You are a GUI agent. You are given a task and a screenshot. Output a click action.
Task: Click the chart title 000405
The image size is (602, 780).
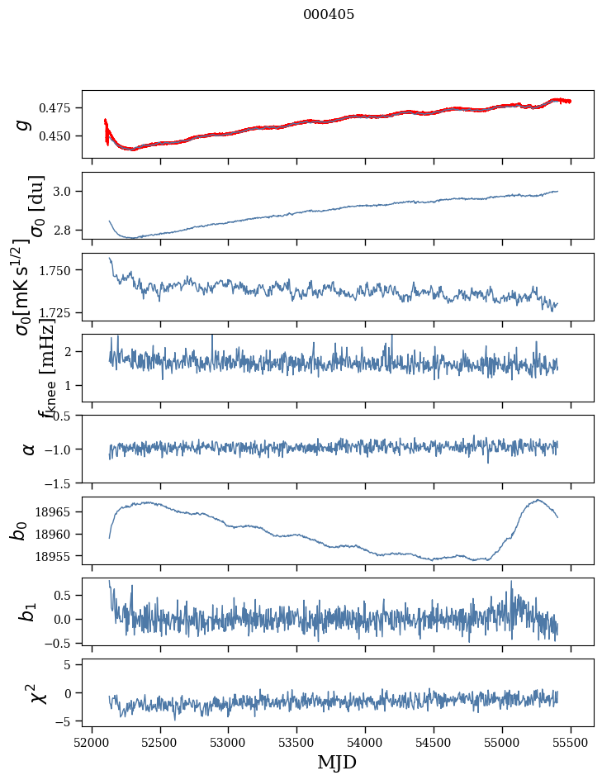(x=329, y=14)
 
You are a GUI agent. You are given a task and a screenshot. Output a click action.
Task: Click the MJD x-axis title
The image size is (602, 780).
(x=337, y=762)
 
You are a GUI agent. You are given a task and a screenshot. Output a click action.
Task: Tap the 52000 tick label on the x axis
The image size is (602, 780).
(x=92, y=740)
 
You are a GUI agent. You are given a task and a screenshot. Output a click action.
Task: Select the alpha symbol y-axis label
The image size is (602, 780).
(x=29, y=449)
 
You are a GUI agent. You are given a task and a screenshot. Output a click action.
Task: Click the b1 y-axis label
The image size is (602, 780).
(x=27, y=611)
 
